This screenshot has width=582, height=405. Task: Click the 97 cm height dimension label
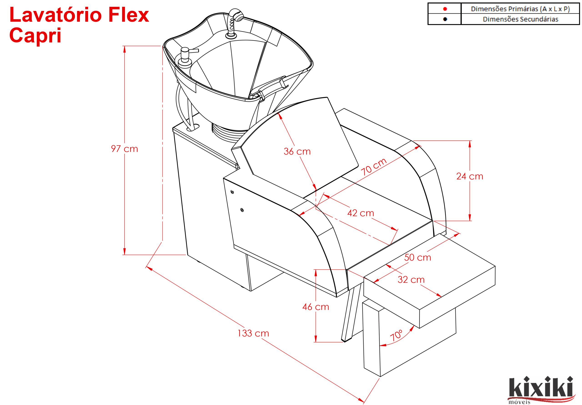tap(124, 149)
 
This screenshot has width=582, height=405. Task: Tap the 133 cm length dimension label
tap(253, 333)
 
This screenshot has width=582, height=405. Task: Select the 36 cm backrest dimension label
tap(297, 152)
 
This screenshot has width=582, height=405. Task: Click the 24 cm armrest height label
tap(470, 176)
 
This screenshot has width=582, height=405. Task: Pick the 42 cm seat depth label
tap(361, 213)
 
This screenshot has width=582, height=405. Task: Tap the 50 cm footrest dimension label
tap(417, 258)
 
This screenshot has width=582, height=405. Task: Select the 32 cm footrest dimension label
tap(411, 280)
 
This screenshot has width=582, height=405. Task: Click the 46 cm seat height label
tap(316, 307)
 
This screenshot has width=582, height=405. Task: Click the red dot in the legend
tap(445, 9)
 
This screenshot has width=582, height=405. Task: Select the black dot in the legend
tap(445, 19)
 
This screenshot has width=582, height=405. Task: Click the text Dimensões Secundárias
tap(520, 19)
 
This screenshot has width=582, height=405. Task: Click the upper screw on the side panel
tap(232, 192)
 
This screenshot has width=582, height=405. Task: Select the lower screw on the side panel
tap(242, 210)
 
